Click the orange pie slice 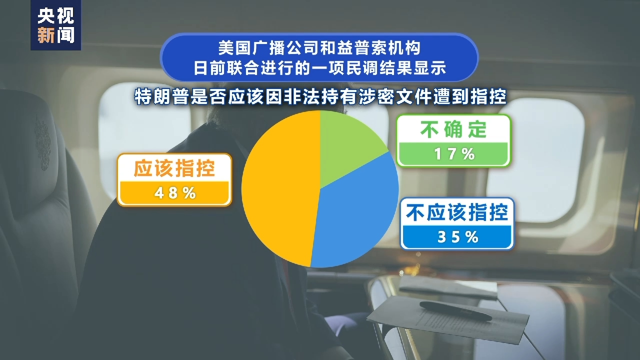click(x=280, y=188)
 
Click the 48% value click(x=175, y=193)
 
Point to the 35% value click(x=457, y=237)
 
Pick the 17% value click(x=454, y=154)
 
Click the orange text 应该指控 click(x=174, y=168)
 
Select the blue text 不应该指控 click(x=457, y=212)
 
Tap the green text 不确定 click(x=453, y=129)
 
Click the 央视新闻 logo click(x=55, y=25)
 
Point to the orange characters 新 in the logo click(x=46, y=35)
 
